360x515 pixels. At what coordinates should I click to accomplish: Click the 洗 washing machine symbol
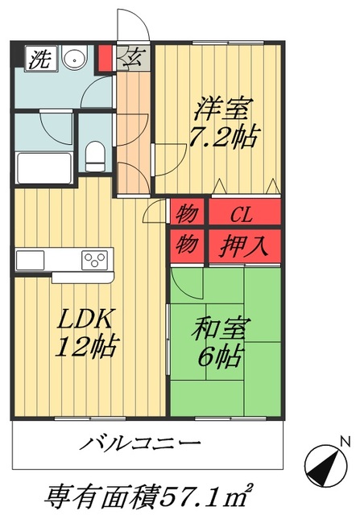point(38,58)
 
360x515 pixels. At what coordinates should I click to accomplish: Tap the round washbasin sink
point(75,60)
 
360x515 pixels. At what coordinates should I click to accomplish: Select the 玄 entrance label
point(133,58)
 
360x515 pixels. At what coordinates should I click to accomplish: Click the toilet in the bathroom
point(96,154)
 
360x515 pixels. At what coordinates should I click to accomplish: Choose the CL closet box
point(245,215)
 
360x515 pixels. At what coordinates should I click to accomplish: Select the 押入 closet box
point(245,242)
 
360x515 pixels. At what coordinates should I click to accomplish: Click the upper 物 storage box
point(187,215)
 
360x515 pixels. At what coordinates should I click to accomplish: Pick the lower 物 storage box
point(187,242)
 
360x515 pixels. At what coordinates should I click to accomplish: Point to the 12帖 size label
point(86,348)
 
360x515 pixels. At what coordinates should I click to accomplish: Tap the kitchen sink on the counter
point(31,260)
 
